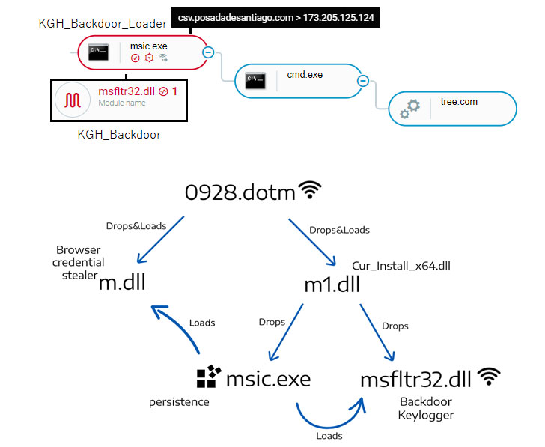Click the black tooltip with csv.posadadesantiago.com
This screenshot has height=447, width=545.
(275, 16)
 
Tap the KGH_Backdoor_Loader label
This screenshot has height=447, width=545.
(103, 24)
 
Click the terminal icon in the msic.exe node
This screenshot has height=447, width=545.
(98, 52)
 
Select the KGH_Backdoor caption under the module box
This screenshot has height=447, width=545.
(119, 135)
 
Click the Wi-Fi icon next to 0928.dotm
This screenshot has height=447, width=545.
(309, 191)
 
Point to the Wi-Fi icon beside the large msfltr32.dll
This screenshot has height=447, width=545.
(490, 377)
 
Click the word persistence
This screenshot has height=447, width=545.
(178, 402)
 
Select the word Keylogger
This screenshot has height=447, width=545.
(426, 415)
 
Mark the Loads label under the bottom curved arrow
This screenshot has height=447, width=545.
(329, 436)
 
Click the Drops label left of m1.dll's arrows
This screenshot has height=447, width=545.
(272, 322)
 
